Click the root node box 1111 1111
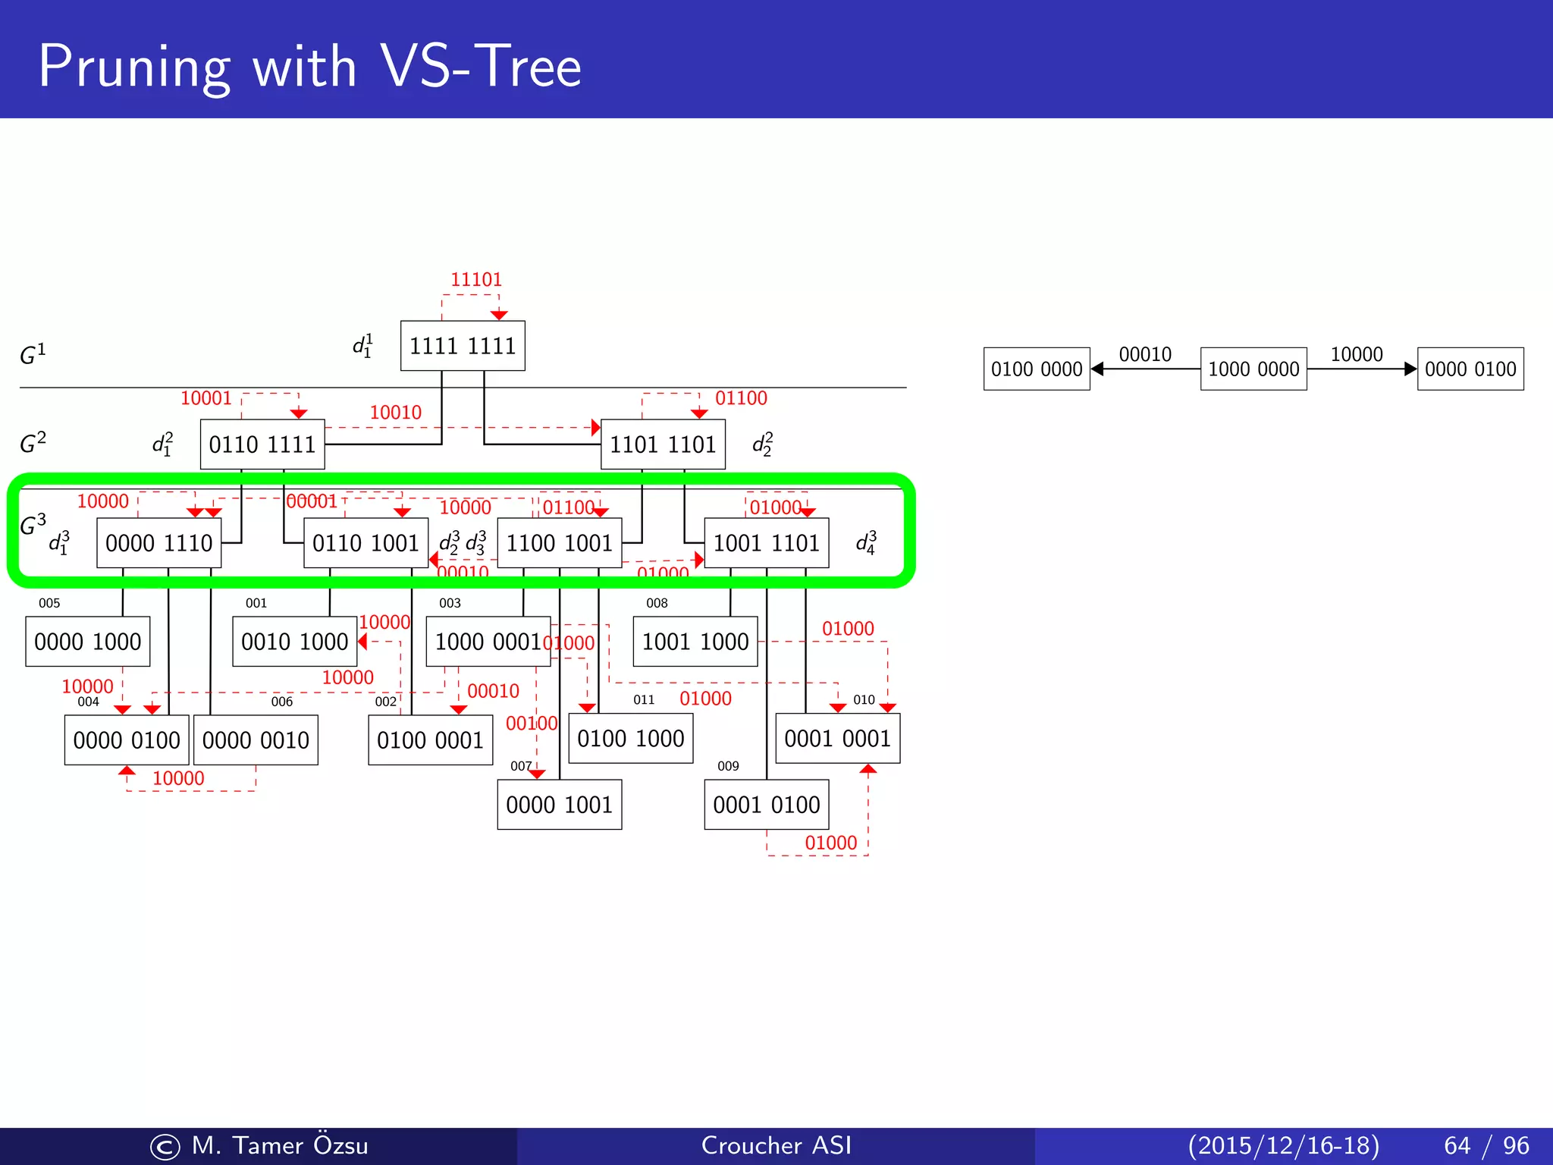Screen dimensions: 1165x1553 [463, 346]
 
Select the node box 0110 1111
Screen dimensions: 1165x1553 [262, 444]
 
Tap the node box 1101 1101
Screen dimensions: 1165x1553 [663, 444]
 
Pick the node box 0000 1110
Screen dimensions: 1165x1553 [159, 543]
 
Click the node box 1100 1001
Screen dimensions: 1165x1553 [560, 543]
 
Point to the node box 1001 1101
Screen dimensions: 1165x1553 [767, 543]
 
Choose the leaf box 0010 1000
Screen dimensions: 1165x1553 [294, 642]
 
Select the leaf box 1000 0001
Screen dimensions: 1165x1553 [488, 642]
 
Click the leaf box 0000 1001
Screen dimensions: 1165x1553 [560, 805]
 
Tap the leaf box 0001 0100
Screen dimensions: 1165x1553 [767, 805]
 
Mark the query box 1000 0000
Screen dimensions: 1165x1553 [1253, 369]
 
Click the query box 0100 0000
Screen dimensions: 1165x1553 [1037, 369]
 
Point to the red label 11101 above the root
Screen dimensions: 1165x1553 [476, 280]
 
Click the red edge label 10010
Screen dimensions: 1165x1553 [395, 413]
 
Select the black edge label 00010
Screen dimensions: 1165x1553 [1145, 354]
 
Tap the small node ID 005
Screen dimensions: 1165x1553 [49, 604]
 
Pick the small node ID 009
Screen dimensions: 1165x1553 [728, 766]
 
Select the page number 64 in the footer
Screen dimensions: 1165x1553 [1457, 1145]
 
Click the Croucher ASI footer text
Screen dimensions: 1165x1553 [776, 1145]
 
